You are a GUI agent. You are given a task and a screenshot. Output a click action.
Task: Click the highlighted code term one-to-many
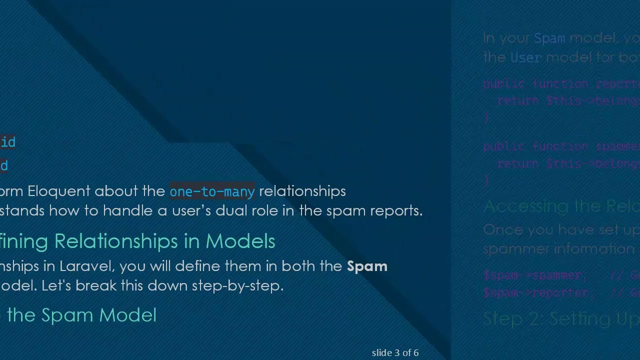tap(212, 191)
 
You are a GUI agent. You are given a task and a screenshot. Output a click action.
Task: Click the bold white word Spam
tap(367, 266)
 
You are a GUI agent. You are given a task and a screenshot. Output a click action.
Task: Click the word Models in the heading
tap(240, 241)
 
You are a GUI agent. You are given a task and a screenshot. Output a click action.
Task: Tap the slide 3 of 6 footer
tap(395, 352)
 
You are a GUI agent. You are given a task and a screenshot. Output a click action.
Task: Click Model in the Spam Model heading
tap(127, 315)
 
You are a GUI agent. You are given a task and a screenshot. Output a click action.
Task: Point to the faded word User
tap(525, 57)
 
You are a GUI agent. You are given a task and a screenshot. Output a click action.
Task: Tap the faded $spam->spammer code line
tap(532, 275)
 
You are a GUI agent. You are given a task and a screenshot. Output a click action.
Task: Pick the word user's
tap(191, 210)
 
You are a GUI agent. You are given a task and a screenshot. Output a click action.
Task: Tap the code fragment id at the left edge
tap(7, 142)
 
